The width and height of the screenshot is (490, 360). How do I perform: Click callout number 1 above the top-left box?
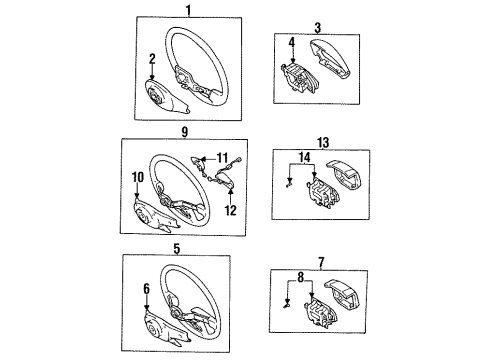(x=188, y=10)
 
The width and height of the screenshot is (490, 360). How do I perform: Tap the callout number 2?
(x=152, y=59)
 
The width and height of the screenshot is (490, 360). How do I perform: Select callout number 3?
(x=318, y=28)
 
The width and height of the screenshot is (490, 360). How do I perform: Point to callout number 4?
(x=292, y=42)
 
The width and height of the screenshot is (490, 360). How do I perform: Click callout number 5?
(x=177, y=249)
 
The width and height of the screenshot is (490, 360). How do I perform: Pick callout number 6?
(x=147, y=289)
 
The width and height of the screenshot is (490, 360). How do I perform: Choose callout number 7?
(x=321, y=263)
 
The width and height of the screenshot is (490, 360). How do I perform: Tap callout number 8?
(x=301, y=278)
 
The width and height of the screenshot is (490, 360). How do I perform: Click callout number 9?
(x=185, y=132)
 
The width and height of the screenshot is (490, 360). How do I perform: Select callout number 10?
(x=138, y=177)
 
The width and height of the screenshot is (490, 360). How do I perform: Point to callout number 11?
(x=222, y=158)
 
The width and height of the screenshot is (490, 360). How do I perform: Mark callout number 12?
(x=230, y=210)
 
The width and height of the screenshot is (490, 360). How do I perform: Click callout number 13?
(x=323, y=143)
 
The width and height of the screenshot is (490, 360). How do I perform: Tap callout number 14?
(x=304, y=157)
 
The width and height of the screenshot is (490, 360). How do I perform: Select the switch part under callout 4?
(x=299, y=77)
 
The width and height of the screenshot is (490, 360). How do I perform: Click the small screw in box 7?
(x=287, y=305)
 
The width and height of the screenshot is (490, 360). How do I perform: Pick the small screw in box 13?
(x=289, y=183)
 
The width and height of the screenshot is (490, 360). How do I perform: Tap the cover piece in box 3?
(x=331, y=59)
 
